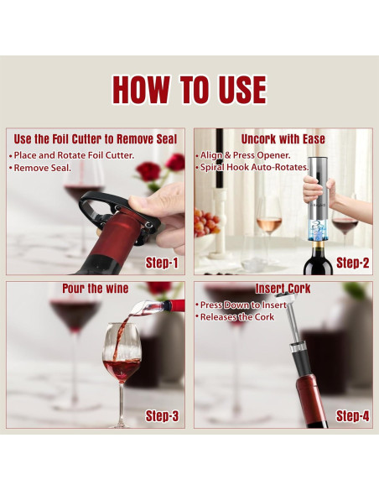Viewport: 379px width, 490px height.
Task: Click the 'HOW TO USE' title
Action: pos(189,90)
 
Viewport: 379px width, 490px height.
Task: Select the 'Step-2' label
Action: pos(353,263)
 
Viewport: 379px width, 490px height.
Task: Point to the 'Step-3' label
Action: pos(163,415)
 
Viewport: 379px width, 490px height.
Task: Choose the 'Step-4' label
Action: pos(353,415)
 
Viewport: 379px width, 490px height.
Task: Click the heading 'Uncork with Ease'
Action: pos(283,138)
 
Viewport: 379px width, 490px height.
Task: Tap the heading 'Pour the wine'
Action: pos(95,289)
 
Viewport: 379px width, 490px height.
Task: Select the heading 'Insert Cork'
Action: pos(283,289)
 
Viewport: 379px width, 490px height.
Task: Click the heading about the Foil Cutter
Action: pos(95,138)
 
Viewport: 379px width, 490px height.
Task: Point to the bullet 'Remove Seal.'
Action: pos(42,168)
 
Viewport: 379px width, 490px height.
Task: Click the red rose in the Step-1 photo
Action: pos(149,172)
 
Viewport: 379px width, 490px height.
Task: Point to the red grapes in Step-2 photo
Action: pos(205,222)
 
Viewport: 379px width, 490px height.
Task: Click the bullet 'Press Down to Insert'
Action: pos(242,305)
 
